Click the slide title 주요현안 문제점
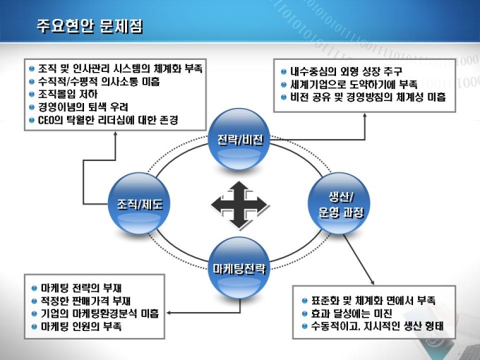tap(90, 27)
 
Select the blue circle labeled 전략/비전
tap(240, 139)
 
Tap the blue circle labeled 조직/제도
tap(139, 205)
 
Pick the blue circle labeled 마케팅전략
tap(240, 268)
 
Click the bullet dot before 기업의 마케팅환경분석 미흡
tap(34, 313)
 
